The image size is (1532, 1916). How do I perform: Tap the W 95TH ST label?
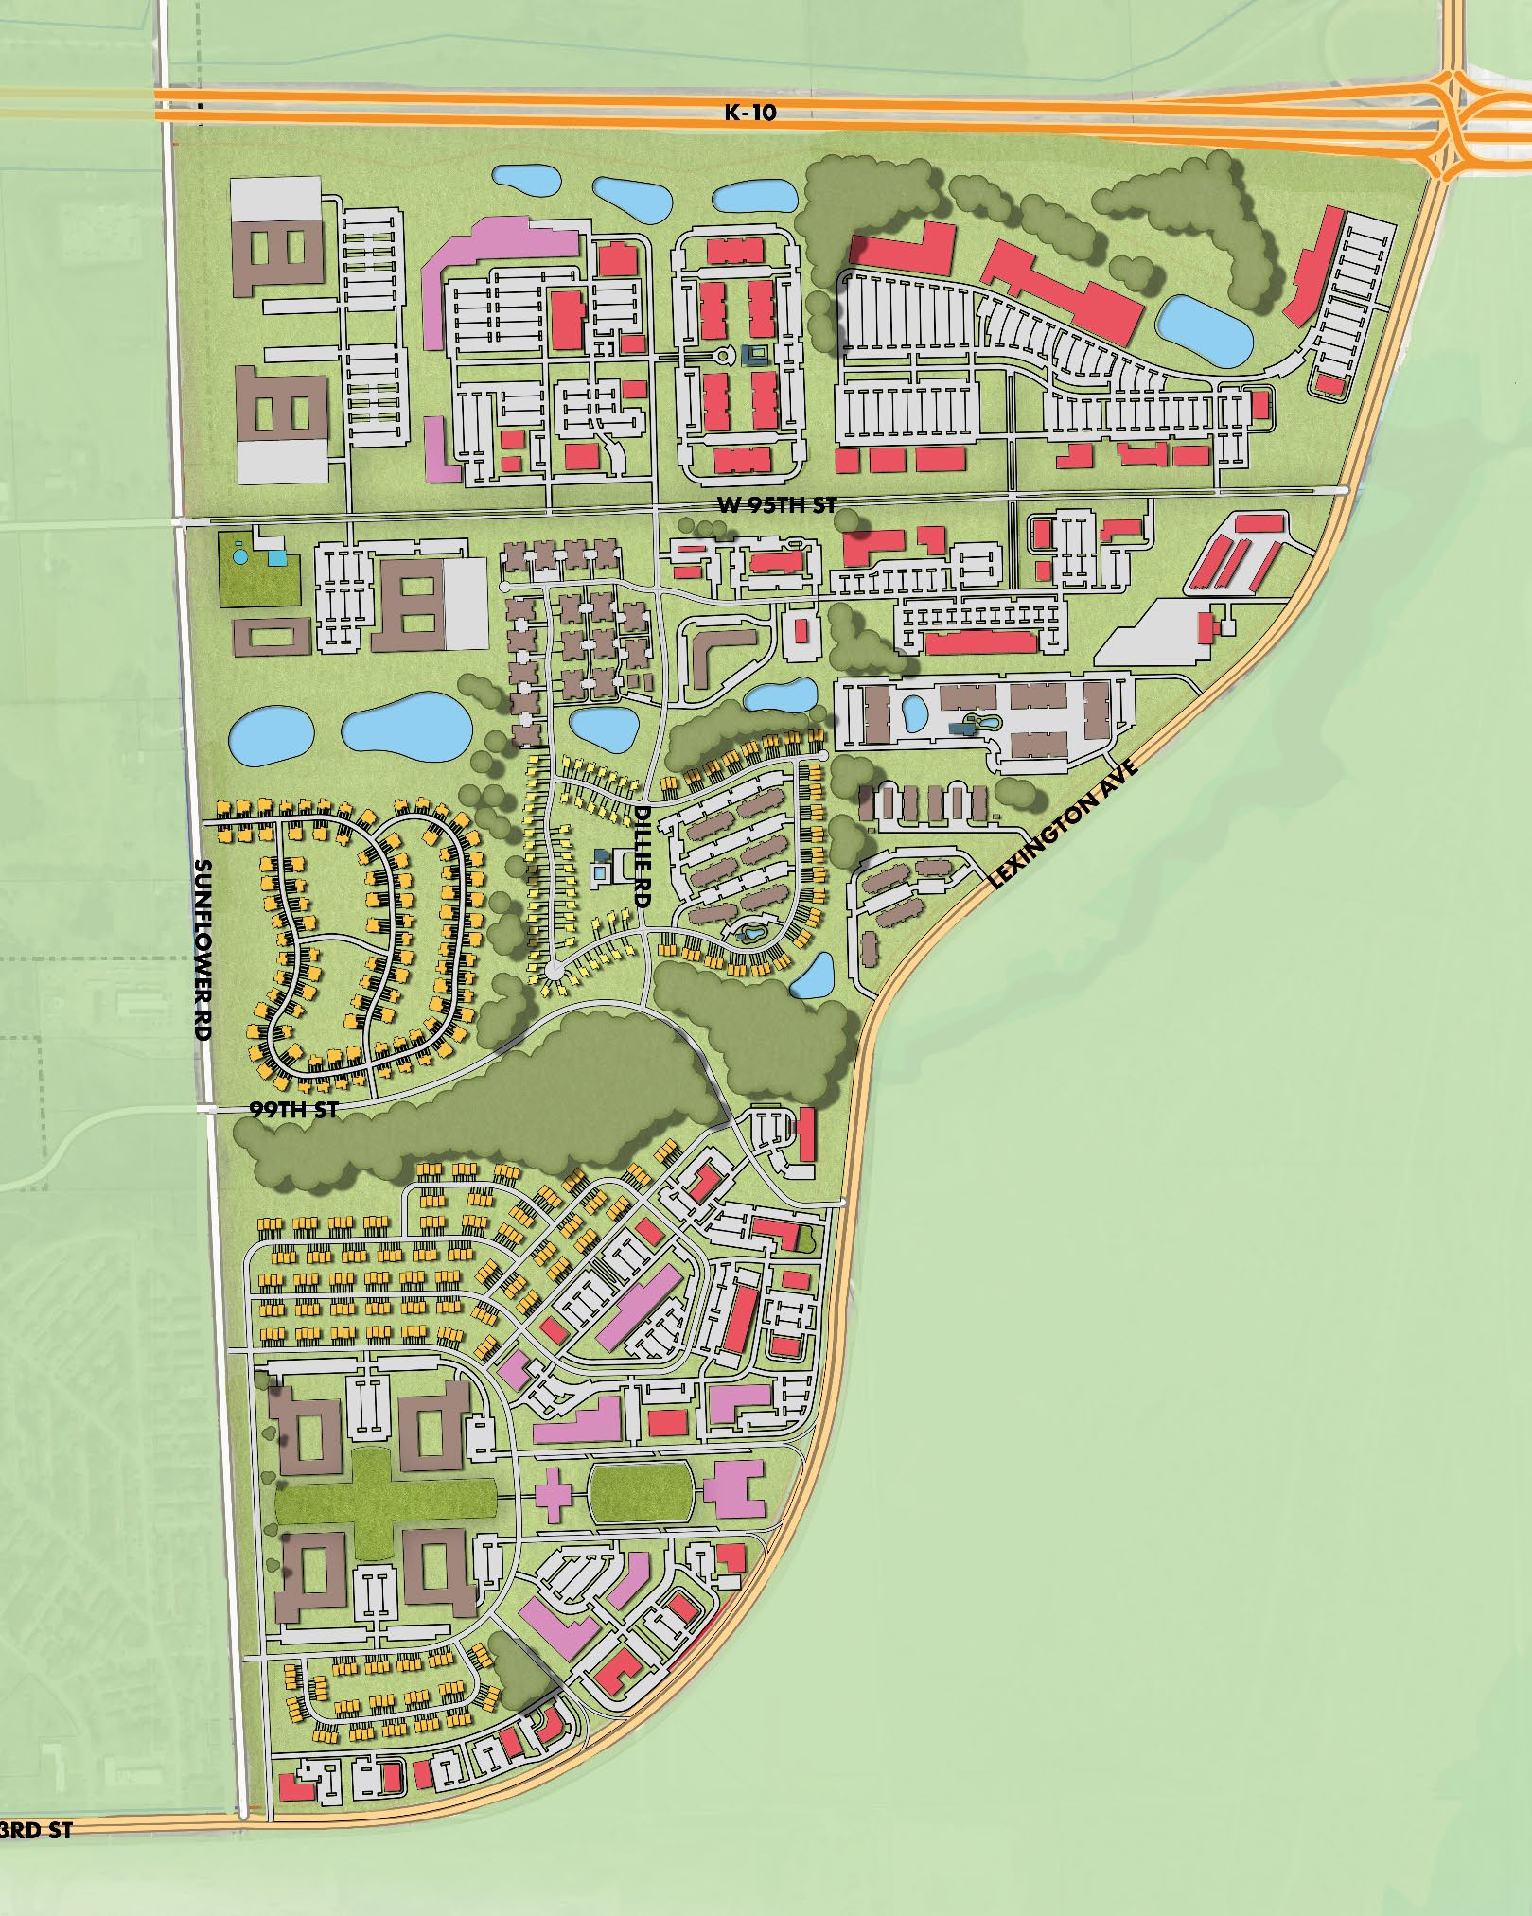click(x=776, y=506)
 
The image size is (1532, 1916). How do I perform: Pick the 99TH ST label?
click(x=294, y=1110)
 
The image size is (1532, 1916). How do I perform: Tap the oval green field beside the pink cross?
click(x=641, y=1493)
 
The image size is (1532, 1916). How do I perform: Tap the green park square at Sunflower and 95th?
click(x=258, y=572)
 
